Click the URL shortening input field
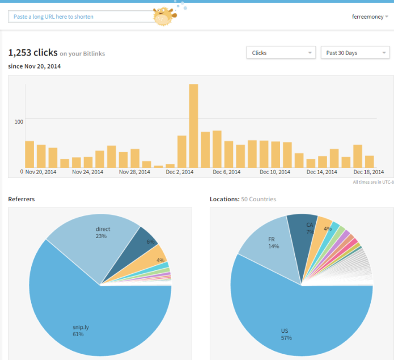[x=79, y=16]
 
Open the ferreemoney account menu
[x=370, y=16]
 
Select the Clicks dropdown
[x=281, y=53]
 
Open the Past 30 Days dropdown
[x=355, y=53]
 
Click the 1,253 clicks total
[x=33, y=53]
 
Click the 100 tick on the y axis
[x=19, y=121]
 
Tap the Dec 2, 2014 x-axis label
[x=180, y=172]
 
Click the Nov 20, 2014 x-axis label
[x=41, y=172]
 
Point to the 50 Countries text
[x=259, y=199]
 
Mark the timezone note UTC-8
[x=372, y=182]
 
